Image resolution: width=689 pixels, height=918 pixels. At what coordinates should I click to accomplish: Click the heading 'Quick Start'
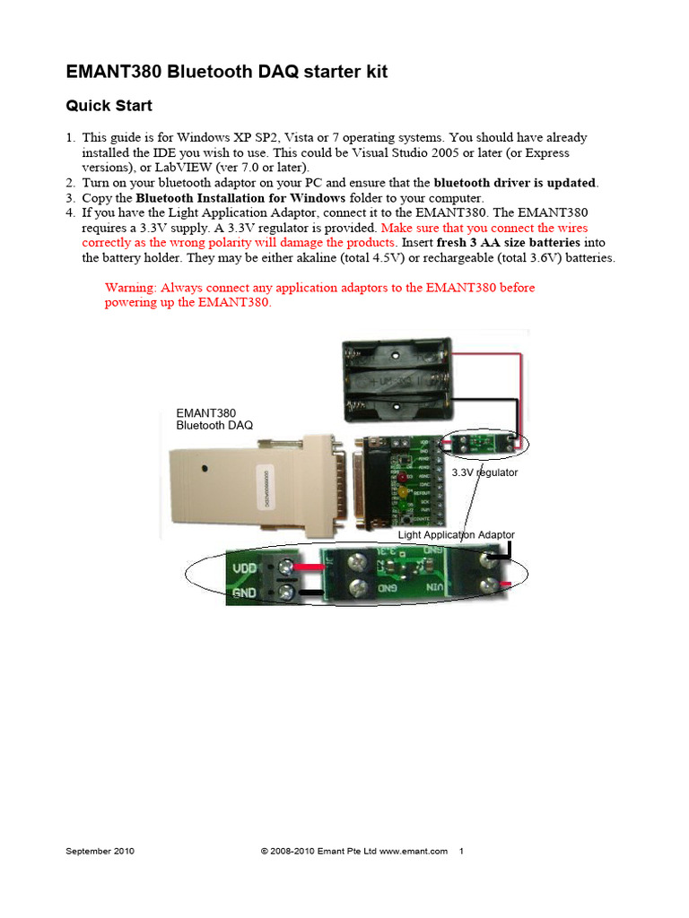tap(109, 106)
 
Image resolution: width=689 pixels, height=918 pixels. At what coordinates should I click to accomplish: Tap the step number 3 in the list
tap(70, 197)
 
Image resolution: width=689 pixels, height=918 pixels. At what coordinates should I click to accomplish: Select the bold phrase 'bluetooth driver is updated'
tap(514, 183)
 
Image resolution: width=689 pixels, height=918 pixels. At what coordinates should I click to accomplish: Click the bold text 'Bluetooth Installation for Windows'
tap(240, 197)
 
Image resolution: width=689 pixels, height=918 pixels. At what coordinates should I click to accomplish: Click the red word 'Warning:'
tap(131, 288)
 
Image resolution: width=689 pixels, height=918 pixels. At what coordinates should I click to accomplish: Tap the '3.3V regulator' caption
tap(484, 472)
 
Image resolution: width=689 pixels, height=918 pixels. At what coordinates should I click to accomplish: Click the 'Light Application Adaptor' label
tap(456, 534)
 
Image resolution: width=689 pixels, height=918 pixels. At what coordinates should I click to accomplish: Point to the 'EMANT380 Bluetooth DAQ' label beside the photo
tap(214, 419)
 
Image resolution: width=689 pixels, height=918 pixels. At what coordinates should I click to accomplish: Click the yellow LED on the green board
tap(406, 492)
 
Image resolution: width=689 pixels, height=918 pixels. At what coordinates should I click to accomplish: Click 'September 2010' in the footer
tap(100, 852)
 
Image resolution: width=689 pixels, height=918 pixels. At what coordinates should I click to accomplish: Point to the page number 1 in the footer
tap(461, 852)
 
